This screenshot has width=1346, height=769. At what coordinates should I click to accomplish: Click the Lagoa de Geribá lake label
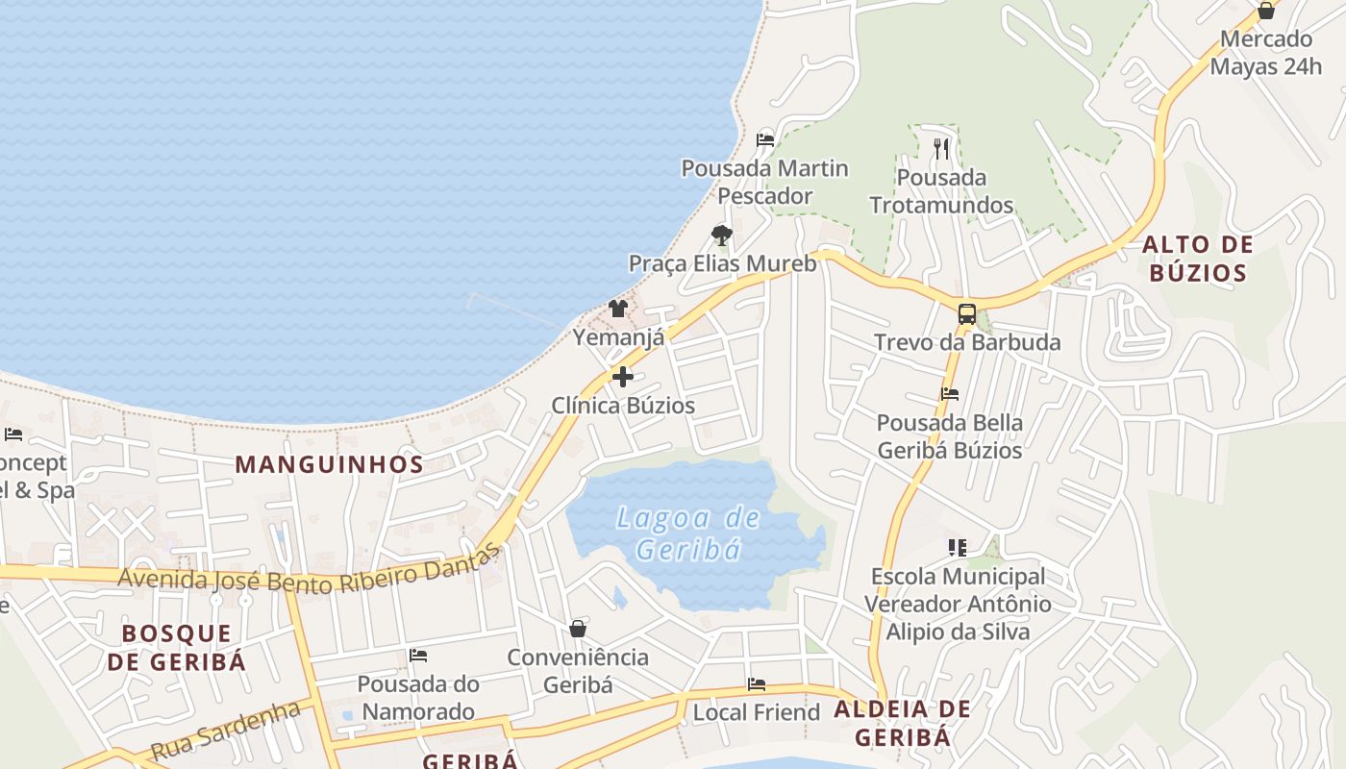click(x=689, y=533)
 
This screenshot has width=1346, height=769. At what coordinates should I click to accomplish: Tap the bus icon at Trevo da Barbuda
click(x=966, y=313)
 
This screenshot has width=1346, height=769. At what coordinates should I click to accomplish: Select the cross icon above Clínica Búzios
click(x=623, y=377)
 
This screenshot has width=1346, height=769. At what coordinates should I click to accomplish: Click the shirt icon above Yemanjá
click(x=617, y=309)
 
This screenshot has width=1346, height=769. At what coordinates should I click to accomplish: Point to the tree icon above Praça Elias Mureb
click(x=721, y=235)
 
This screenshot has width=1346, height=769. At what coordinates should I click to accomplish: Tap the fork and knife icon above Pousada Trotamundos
click(x=940, y=148)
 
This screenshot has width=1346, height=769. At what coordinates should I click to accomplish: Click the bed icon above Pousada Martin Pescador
click(x=765, y=139)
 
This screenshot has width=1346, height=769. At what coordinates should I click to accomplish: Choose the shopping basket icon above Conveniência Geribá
click(x=578, y=629)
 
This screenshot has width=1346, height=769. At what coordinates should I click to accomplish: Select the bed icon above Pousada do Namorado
click(x=417, y=656)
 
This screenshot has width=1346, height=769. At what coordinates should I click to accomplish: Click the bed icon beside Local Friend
click(x=757, y=684)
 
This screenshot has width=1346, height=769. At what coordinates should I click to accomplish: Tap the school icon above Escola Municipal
click(x=957, y=548)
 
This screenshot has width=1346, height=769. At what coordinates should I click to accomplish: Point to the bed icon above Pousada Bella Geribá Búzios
click(x=949, y=394)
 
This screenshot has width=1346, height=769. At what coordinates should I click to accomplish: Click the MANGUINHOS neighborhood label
click(x=329, y=464)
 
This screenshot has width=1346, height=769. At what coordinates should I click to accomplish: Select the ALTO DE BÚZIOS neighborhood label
click(x=1197, y=259)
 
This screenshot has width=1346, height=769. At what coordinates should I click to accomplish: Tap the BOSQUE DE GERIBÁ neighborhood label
click(x=177, y=647)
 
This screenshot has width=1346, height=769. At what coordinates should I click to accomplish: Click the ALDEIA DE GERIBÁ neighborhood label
click(x=902, y=723)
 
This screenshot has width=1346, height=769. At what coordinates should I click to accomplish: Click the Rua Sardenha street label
click(x=227, y=731)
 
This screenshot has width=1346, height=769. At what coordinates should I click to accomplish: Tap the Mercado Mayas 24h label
click(x=1265, y=53)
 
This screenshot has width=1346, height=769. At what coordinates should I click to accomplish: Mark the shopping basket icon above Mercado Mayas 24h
click(x=1265, y=11)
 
